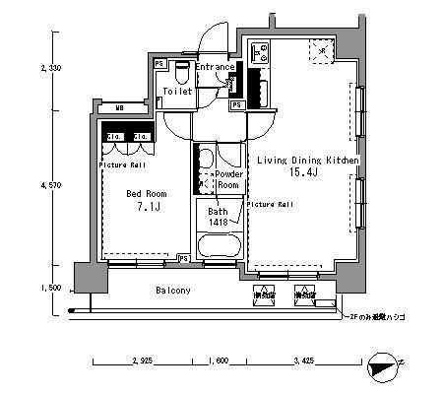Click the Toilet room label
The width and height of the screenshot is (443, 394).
178,90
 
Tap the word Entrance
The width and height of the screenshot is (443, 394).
214,67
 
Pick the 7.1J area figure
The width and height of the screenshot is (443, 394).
145,208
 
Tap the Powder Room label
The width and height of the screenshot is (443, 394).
228,179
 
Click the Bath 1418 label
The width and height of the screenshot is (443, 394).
218,217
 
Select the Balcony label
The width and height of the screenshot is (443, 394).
173,292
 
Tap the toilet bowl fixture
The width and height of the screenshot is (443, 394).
179,71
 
